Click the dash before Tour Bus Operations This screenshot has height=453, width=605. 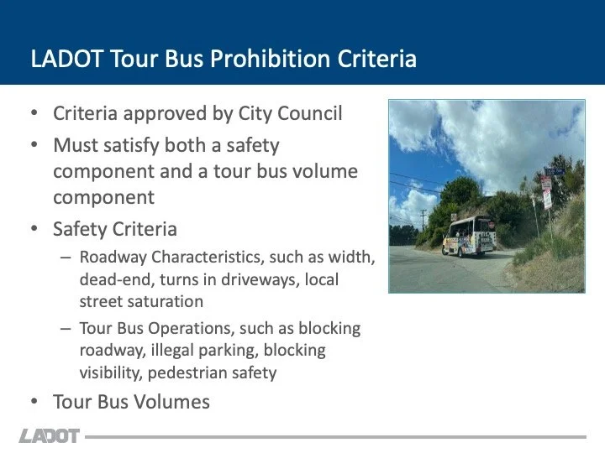(65, 329)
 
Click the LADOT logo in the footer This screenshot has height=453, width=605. (50, 436)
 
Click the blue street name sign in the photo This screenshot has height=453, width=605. (552, 172)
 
